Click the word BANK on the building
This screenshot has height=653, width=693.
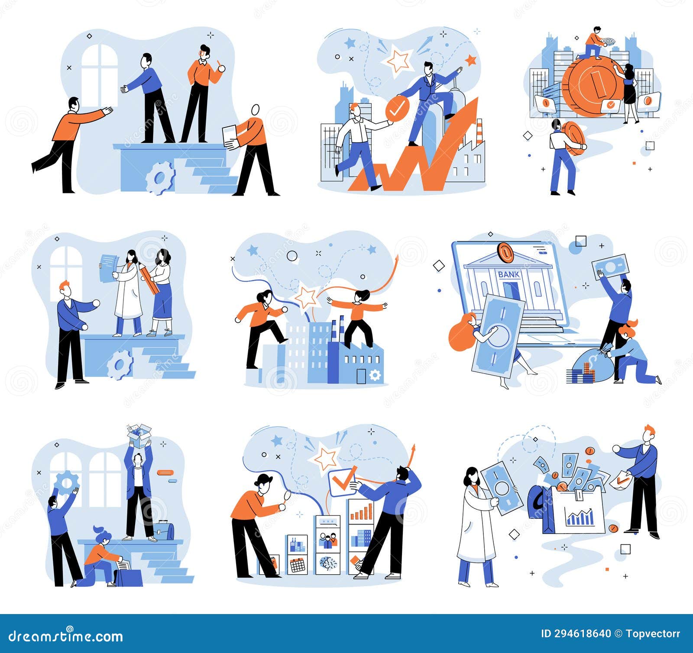click(x=508, y=274)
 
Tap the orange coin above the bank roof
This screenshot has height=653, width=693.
click(x=505, y=252)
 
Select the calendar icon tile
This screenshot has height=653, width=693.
click(x=297, y=564)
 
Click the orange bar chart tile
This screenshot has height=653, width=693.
click(x=361, y=511)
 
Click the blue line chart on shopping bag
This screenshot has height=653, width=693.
click(x=580, y=518)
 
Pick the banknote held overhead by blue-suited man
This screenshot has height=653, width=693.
click(x=611, y=265)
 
